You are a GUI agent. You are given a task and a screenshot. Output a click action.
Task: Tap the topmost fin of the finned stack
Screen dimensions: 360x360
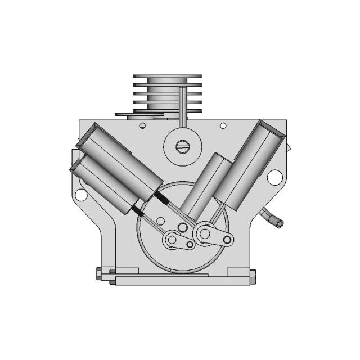[166, 76]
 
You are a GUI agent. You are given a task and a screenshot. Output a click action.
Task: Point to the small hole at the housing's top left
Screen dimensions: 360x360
[142, 125]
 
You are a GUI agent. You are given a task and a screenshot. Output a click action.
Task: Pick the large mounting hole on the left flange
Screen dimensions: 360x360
[81, 195]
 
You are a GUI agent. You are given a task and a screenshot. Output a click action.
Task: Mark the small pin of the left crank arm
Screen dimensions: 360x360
[190, 244]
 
